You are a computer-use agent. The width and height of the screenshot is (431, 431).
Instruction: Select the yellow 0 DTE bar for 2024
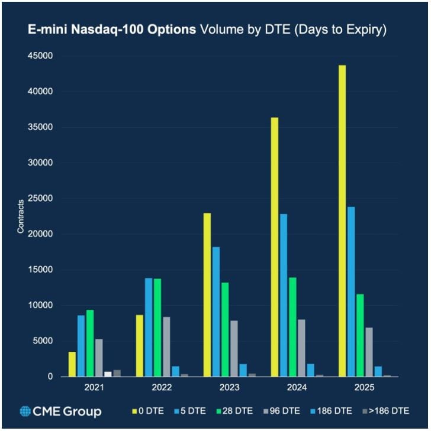click(x=275, y=247)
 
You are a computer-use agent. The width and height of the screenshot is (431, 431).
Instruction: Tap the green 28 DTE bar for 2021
click(x=90, y=343)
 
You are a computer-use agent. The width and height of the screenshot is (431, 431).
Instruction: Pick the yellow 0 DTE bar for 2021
click(x=72, y=364)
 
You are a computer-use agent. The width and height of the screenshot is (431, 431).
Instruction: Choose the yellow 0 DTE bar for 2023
click(x=207, y=294)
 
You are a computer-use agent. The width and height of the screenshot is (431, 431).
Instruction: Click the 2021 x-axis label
click(x=94, y=388)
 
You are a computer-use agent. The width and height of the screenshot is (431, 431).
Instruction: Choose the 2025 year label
click(x=364, y=388)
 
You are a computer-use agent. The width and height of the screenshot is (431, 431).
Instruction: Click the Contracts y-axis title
click(x=21, y=216)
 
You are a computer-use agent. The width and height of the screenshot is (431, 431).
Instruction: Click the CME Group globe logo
click(x=25, y=411)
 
